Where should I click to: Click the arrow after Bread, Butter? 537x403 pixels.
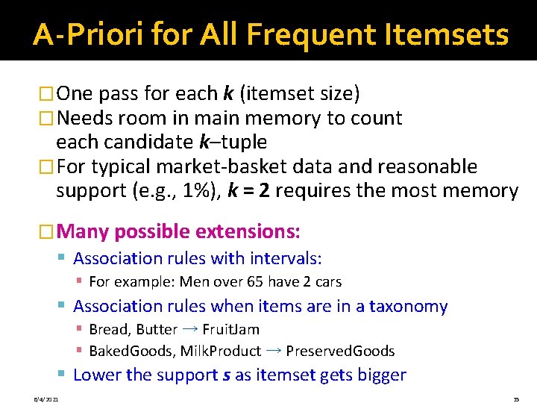[x=189, y=328]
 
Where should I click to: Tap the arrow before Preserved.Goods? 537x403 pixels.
[x=273, y=350]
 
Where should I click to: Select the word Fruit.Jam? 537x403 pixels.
[x=230, y=329]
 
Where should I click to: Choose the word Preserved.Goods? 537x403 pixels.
[x=340, y=351]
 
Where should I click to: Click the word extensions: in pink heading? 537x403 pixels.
[x=248, y=231]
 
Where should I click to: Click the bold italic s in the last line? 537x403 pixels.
[x=226, y=374]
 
